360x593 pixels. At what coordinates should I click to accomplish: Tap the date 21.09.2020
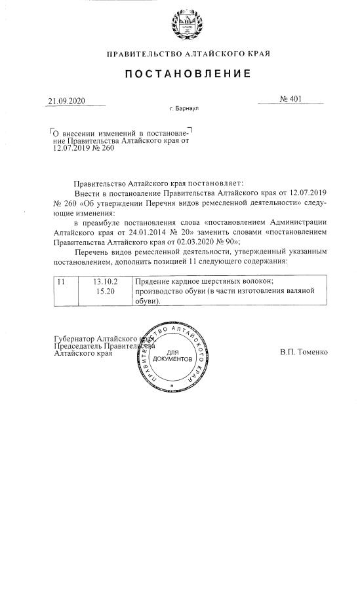tap(67, 102)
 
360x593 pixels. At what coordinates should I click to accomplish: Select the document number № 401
tap(290, 100)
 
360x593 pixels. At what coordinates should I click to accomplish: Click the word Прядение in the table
tap(154, 282)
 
